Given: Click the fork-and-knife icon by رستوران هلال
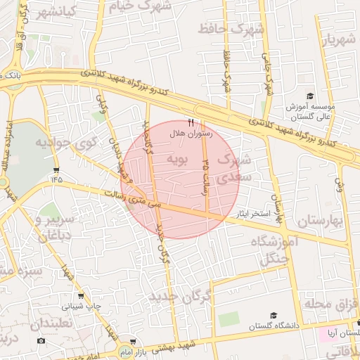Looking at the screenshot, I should [191, 122].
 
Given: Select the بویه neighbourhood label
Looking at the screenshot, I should [177, 160].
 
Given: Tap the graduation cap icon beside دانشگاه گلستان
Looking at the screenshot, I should [274, 316].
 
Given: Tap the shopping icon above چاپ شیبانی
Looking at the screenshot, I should [83, 296].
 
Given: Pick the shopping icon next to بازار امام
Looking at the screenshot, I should [124, 341].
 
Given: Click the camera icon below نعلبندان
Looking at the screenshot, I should [41, 341].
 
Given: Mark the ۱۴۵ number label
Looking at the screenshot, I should [57, 179].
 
